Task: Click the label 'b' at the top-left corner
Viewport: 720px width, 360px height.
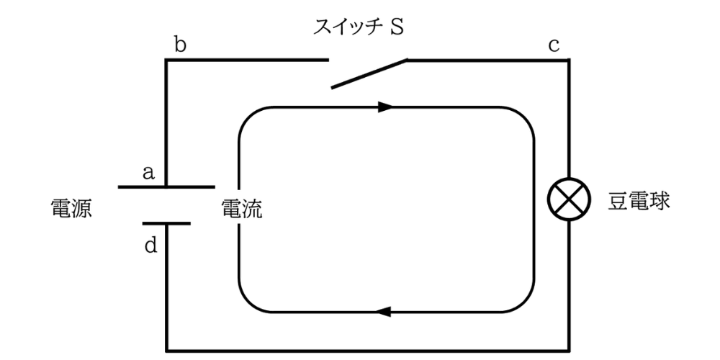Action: click(181, 45)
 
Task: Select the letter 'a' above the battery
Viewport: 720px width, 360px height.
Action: click(148, 172)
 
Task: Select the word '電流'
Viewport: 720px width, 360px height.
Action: click(241, 210)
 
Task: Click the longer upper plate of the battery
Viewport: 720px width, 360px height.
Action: click(166, 187)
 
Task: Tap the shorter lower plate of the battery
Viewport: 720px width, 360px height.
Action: click(166, 223)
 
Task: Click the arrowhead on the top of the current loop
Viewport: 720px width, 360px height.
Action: click(385, 107)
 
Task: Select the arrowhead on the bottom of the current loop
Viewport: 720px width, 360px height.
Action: click(384, 312)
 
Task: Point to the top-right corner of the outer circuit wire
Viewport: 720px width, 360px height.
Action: click(570, 60)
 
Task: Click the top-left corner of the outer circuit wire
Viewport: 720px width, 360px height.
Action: click(167, 60)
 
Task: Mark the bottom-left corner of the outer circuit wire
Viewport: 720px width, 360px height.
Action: click(167, 349)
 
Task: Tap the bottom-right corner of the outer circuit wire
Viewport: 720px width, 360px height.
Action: click(570, 349)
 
